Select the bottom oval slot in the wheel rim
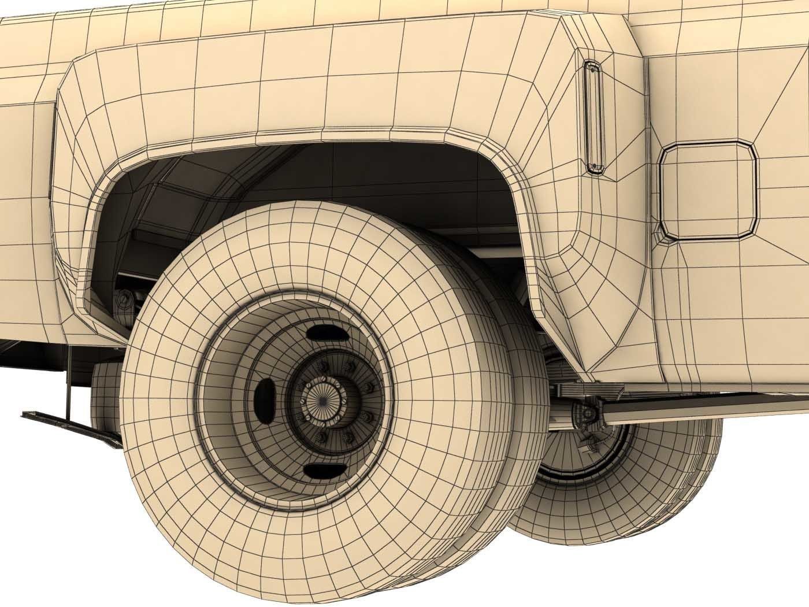(320, 470)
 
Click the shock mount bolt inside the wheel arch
(123, 301)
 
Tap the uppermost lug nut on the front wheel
(322, 365)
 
